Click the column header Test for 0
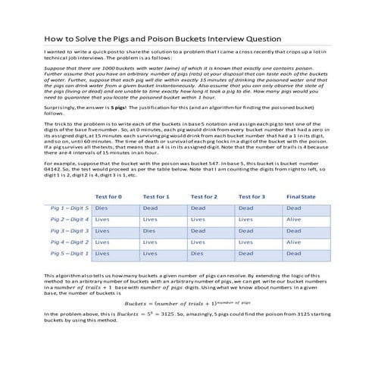(111, 195)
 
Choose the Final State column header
(302, 195)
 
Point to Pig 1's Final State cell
(294, 207)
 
